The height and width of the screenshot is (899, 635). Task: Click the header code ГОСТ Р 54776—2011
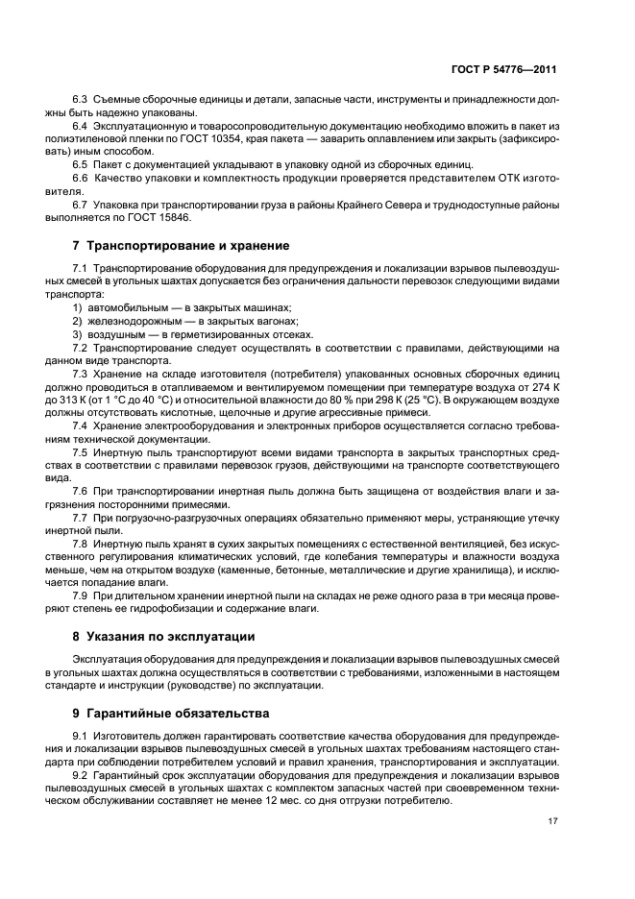click(x=504, y=70)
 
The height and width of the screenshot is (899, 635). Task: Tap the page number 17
click(x=553, y=820)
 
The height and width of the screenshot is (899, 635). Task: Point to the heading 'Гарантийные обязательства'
click(x=177, y=714)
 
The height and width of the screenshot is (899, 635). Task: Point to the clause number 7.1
click(x=81, y=269)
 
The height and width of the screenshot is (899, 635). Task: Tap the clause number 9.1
click(x=81, y=737)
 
